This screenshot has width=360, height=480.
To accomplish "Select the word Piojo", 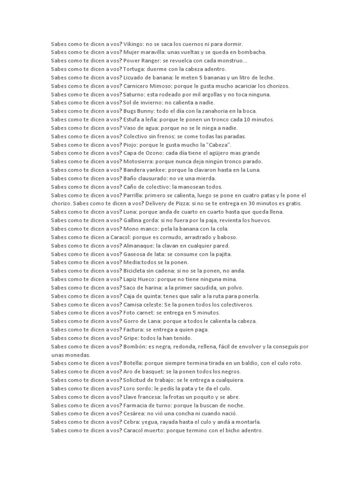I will [131, 145].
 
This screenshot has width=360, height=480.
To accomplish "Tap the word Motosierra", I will [139, 162].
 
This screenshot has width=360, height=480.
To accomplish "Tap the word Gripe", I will [131, 338].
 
